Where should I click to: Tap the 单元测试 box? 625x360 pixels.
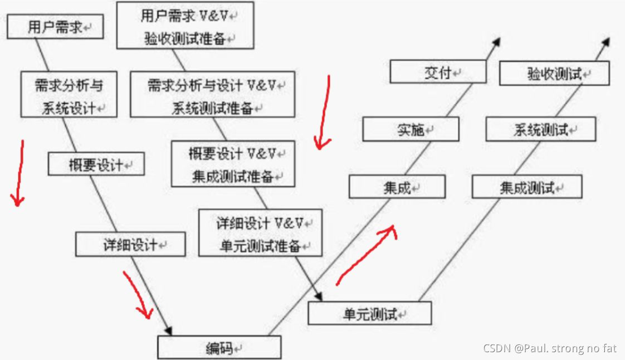pyautogui.click(x=369, y=313)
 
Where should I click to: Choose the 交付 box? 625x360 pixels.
pyautogui.click(x=437, y=72)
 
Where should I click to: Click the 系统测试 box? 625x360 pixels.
pyautogui.click(x=540, y=130)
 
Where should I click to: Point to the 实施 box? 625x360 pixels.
pyautogui.click(x=411, y=129)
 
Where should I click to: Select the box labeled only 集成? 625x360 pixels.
pyautogui.click(x=397, y=187)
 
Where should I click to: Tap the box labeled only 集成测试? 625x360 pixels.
pyautogui.click(x=526, y=187)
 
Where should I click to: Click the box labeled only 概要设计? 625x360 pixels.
pyautogui.click(x=96, y=164)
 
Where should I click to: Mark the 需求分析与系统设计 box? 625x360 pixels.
pyautogui.click(x=69, y=95)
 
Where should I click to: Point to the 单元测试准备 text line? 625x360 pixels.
pyautogui.click(x=260, y=245)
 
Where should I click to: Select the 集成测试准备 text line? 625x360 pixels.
pyautogui.click(x=233, y=177)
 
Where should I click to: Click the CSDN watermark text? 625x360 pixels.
pyautogui.click(x=549, y=348)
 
